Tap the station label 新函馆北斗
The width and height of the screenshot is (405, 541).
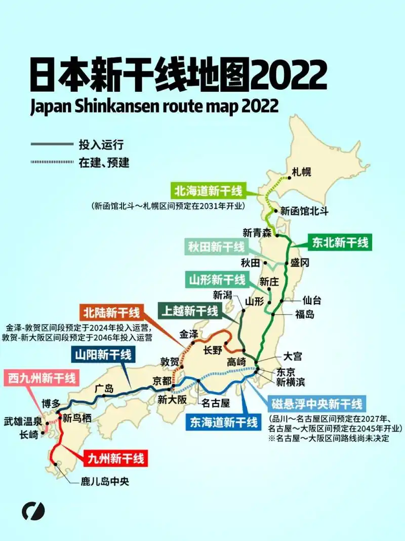tap(304, 211)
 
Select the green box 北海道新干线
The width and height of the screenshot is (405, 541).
tap(208, 191)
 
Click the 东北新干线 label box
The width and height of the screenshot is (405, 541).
tap(340, 242)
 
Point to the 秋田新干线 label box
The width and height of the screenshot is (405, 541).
tap(216, 247)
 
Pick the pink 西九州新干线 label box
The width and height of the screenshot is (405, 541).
tap(42, 378)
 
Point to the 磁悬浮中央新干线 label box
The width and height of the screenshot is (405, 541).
tap(317, 404)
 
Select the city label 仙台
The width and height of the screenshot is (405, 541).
tap(312, 300)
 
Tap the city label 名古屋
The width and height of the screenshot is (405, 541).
tap(216, 403)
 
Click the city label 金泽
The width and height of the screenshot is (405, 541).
tap(190, 334)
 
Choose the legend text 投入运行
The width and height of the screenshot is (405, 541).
tap(101, 145)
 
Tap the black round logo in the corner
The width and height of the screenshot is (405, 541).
tap(33, 511)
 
